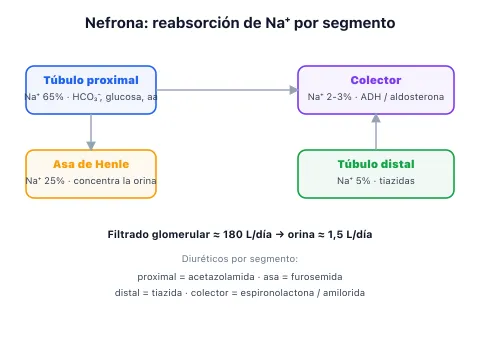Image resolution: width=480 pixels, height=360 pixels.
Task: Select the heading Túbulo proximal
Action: click(91, 80)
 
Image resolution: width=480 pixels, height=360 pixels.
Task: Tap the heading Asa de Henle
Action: click(91, 164)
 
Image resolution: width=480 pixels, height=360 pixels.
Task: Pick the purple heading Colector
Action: click(376, 80)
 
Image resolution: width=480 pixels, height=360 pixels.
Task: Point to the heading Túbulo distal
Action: click(376, 164)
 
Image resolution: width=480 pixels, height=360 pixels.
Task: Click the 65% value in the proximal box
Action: click(53, 97)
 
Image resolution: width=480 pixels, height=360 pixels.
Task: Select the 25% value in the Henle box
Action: click(54, 181)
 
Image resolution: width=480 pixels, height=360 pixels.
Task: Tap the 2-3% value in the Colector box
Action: click(339, 97)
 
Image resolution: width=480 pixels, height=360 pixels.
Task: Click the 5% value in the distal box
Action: click(363, 181)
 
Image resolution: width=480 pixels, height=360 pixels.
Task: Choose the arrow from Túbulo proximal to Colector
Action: click(227, 90)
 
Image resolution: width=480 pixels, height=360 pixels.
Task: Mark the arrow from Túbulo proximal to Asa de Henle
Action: click(91, 132)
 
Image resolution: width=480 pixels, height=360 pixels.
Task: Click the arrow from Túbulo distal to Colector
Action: click(376, 132)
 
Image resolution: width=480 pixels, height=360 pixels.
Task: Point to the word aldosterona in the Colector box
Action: click(417, 97)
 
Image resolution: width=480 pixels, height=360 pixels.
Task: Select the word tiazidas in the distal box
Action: click(397, 181)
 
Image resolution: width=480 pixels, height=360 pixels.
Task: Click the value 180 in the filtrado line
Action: click(233, 234)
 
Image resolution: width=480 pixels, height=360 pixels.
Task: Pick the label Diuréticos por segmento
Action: click(240, 259)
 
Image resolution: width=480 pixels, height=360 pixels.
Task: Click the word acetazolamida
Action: click(221, 277)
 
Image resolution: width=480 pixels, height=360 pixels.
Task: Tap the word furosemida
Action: click(317, 277)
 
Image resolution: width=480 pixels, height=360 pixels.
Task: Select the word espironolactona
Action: click(277, 293)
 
